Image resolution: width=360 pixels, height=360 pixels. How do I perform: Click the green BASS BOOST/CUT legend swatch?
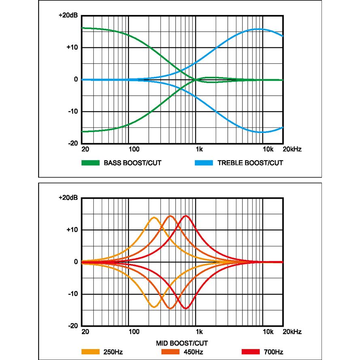coord(90,163)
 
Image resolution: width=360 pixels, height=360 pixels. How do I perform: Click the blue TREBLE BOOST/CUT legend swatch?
coord(204,163)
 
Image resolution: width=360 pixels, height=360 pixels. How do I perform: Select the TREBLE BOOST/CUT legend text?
coord(250,163)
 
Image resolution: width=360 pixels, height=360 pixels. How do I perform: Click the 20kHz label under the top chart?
coord(292,150)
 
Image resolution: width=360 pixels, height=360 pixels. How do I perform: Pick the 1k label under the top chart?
coord(199,150)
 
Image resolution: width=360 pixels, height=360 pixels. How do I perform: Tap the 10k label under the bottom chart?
coord(268,332)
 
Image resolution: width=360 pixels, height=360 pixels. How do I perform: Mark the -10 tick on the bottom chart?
coord(72,294)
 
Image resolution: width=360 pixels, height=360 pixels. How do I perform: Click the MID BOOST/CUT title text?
coord(182,343)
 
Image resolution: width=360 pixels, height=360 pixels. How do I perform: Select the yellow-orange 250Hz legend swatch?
coord(90,351)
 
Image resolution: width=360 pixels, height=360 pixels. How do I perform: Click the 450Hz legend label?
coord(194,351)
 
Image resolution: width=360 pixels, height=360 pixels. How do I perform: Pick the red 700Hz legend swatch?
coord(250,351)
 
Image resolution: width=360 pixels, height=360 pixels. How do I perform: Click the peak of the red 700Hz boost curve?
coord(186,216)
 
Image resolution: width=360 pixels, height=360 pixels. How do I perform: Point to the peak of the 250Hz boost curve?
coord(154,218)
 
